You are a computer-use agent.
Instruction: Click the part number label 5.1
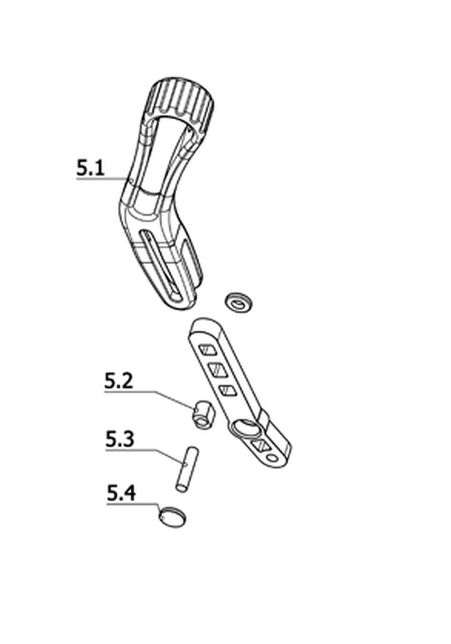91,168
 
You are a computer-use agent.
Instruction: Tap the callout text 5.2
119,381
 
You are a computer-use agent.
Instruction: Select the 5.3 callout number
120,439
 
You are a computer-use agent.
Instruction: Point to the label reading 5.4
121,493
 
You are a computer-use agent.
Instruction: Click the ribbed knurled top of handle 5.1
181,102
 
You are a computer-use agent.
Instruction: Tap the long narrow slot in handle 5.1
162,265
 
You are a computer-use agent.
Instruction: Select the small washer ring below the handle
239,303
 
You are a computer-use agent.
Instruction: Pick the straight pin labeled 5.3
187,468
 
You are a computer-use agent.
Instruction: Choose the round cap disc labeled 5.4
172,517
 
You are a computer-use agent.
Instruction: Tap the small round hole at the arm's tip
272,458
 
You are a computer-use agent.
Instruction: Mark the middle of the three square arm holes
218,370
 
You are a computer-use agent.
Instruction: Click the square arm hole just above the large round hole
227,391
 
